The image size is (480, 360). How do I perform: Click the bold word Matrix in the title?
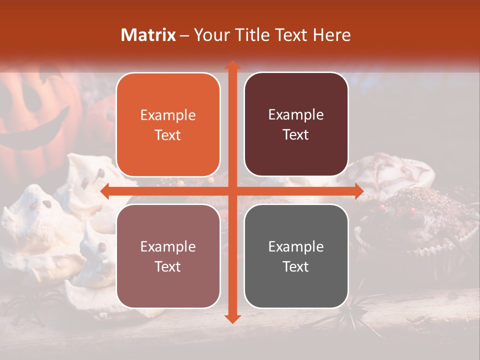click(x=148, y=35)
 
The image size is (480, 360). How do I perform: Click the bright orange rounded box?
click(x=168, y=125)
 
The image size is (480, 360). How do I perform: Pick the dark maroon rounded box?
click(x=296, y=124)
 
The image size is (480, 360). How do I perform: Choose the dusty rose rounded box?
click(x=168, y=256)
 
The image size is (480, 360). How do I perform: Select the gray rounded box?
click(x=296, y=256)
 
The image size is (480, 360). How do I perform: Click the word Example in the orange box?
click(x=168, y=115)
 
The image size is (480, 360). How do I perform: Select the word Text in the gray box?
click(x=296, y=266)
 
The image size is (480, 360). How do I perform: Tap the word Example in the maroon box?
click(x=296, y=115)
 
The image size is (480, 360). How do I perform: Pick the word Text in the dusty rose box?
click(x=168, y=266)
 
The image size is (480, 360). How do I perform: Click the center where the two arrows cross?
click(x=232, y=191)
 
